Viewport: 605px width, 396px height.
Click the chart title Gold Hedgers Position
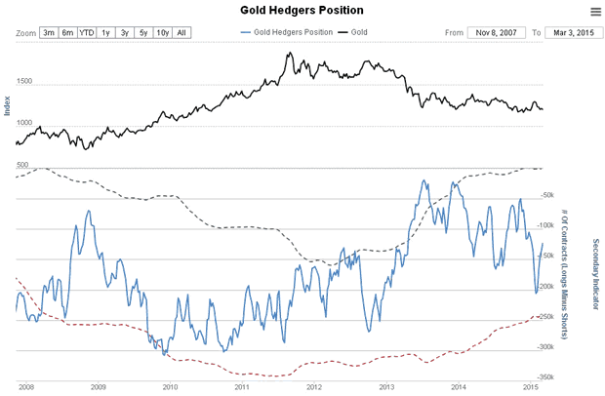(x=302, y=11)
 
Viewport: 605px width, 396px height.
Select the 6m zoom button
(x=67, y=32)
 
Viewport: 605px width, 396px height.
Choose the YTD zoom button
(x=87, y=32)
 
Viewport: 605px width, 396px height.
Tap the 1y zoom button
(x=106, y=32)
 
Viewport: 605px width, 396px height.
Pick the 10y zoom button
(x=162, y=32)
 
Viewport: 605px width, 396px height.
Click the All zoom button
(x=181, y=32)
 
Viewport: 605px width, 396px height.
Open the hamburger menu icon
(x=595, y=12)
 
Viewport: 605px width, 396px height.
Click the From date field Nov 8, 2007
(x=496, y=32)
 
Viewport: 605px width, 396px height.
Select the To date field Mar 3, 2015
(x=570, y=32)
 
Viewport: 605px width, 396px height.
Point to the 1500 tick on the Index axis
(x=25, y=82)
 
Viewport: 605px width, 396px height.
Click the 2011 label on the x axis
(x=241, y=387)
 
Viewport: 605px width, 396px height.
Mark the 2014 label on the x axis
(x=458, y=387)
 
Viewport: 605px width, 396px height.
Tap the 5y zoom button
(x=142, y=32)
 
